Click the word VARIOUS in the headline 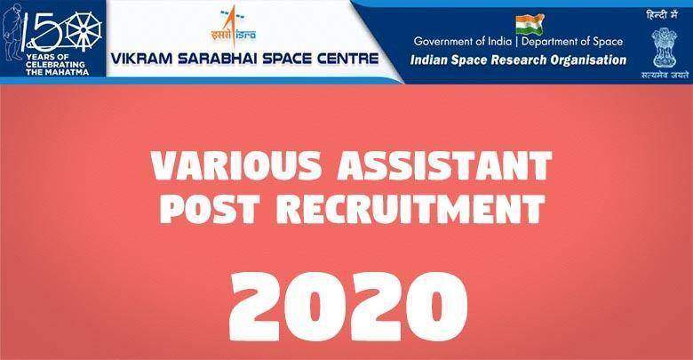[236, 166]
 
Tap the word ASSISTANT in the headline [444, 166]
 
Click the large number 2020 [347, 306]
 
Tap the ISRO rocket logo [234, 28]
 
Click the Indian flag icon [530, 23]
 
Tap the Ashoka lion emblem [664, 46]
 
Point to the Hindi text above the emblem [662, 15]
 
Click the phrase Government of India [463, 42]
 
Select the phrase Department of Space [572, 42]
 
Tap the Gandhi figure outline [12, 35]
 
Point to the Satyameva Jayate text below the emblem [665, 76]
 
